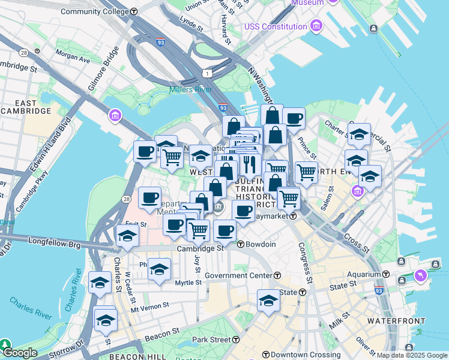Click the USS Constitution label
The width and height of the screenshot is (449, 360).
(276, 26)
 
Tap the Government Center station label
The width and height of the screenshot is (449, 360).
(238, 275)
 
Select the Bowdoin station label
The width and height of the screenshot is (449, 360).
(259, 244)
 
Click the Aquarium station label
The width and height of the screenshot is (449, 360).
(364, 274)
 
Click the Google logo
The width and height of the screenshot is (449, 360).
(19, 353)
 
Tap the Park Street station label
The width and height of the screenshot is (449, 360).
(211, 340)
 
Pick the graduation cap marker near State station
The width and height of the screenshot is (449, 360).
(268, 300)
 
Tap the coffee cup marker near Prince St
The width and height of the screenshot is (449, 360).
(294, 118)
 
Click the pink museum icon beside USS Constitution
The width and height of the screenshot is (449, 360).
(316, 26)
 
